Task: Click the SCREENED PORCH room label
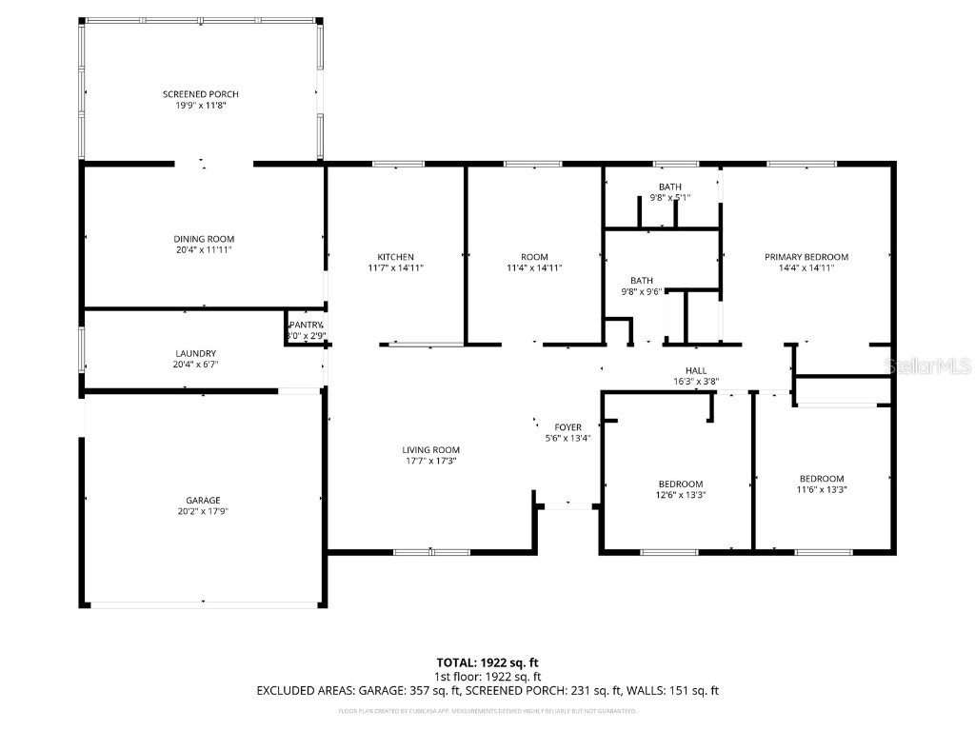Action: click(x=200, y=94)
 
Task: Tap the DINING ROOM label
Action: click(x=204, y=239)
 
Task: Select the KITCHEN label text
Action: click(x=395, y=257)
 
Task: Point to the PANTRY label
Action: click(x=307, y=325)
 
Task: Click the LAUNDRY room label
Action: click(x=195, y=353)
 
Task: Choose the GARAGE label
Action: click(x=203, y=501)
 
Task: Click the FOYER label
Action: click(x=567, y=427)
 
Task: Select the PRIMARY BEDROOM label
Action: click(x=806, y=257)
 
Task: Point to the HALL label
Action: click(x=696, y=370)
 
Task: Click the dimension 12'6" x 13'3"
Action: click(x=680, y=495)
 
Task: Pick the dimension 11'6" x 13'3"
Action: click(x=821, y=489)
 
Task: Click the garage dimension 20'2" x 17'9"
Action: click(x=203, y=511)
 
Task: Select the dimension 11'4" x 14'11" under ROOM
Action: click(x=534, y=268)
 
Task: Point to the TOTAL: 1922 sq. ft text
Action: click(x=487, y=662)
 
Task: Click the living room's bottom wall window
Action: click(x=431, y=551)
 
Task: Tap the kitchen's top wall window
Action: click(x=398, y=165)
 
